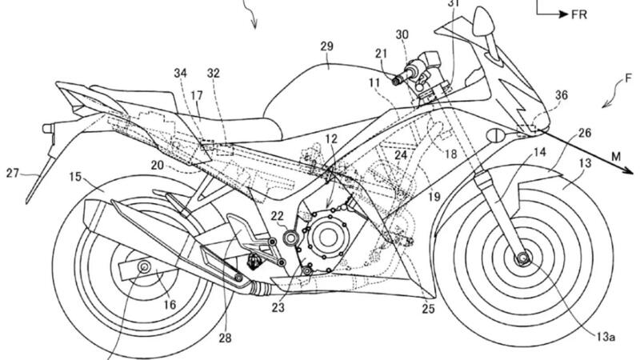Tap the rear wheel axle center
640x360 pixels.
click(145, 266)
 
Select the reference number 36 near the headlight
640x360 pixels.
click(562, 96)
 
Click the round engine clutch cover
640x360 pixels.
click(329, 237)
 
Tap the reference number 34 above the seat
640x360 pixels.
click(180, 74)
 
